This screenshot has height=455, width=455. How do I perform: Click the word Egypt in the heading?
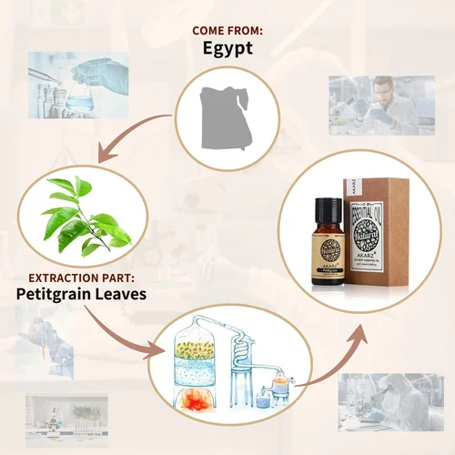click(x=227, y=50)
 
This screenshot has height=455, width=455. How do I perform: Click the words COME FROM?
click(x=227, y=30)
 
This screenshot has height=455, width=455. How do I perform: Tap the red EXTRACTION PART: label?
click(x=74, y=276)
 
